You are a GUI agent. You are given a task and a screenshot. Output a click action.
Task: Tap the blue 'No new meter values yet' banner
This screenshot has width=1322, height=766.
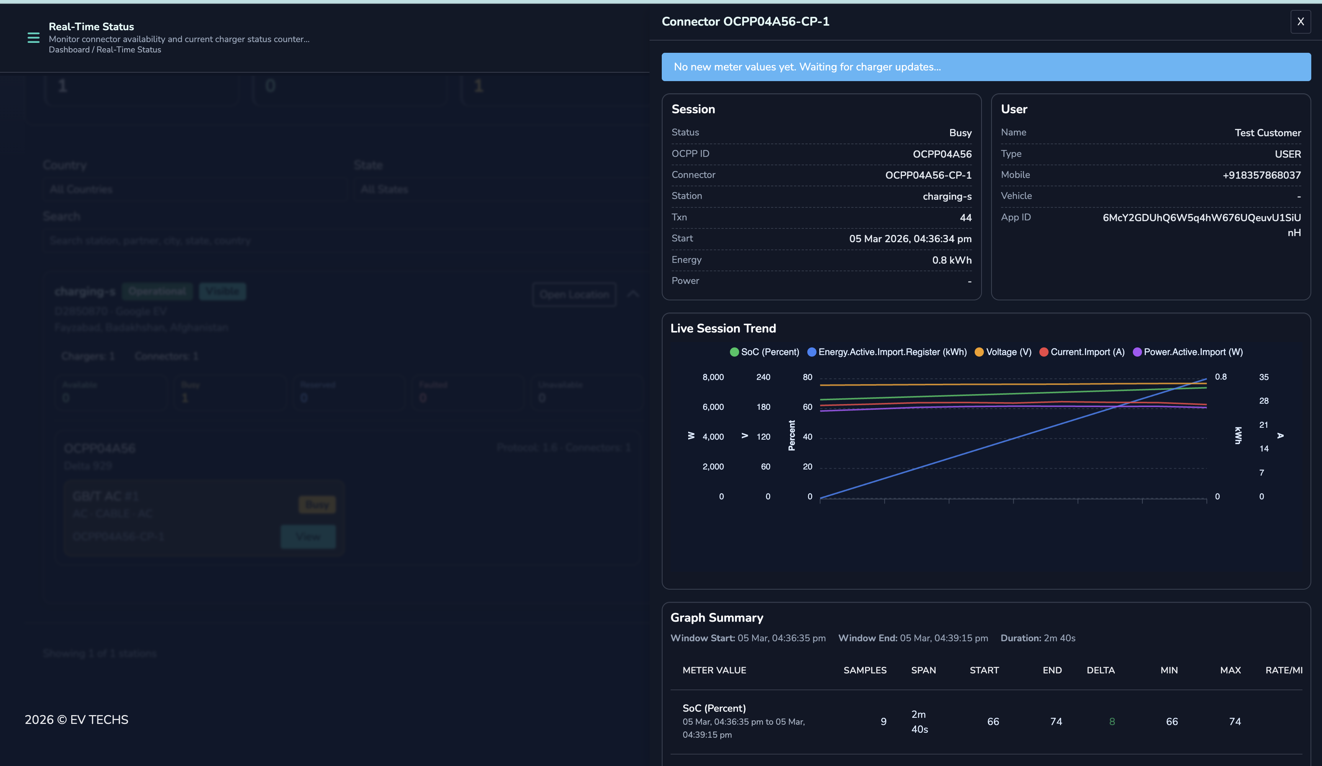(x=986, y=67)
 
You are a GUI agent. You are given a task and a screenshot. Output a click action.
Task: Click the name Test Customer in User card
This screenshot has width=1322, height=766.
(x=1268, y=133)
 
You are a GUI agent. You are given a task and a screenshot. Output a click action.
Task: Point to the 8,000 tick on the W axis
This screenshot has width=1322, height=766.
(x=713, y=377)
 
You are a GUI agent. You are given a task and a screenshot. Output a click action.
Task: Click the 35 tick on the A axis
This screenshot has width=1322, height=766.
(x=1263, y=377)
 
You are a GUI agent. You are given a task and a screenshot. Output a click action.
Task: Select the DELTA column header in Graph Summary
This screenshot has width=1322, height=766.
(x=1100, y=670)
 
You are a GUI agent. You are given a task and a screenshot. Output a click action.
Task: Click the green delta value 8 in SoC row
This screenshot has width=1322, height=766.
(x=1112, y=722)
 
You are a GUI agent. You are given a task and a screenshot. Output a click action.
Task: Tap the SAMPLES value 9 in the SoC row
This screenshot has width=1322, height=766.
(x=884, y=722)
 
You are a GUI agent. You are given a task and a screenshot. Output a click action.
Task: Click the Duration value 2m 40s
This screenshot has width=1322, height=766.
(x=1059, y=638)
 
